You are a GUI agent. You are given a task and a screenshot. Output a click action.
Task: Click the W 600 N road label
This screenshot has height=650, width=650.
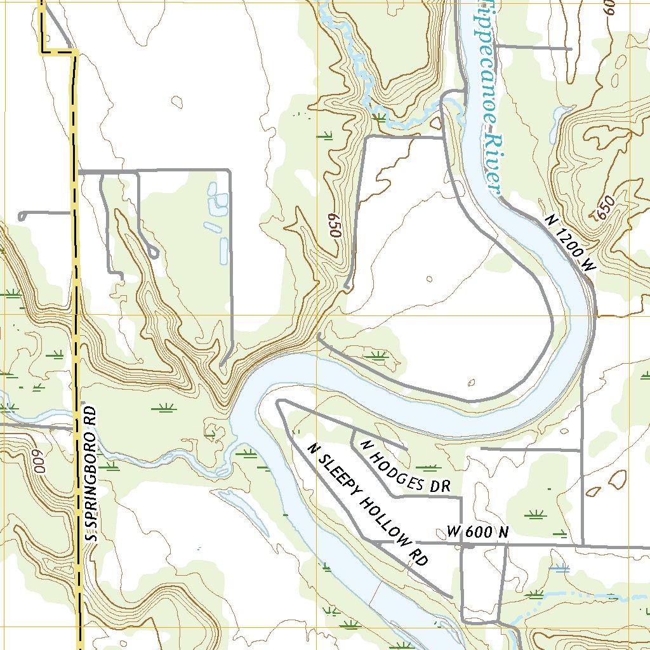click(477, 532)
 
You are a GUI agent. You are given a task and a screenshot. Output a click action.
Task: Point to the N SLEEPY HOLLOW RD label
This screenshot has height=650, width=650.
click(367, 504)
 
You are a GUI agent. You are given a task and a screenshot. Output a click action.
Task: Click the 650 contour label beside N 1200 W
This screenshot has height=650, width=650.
click(606, 208)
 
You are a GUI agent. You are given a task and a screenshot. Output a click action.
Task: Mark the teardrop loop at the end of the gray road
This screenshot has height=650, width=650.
click(152, 253)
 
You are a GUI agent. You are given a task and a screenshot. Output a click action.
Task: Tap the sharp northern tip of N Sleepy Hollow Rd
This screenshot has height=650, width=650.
click(278, 401)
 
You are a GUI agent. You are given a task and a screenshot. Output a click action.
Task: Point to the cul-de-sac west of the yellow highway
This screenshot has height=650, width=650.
click(22, 216)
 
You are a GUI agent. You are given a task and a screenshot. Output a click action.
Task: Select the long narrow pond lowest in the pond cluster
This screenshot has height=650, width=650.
click(223, 251)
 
